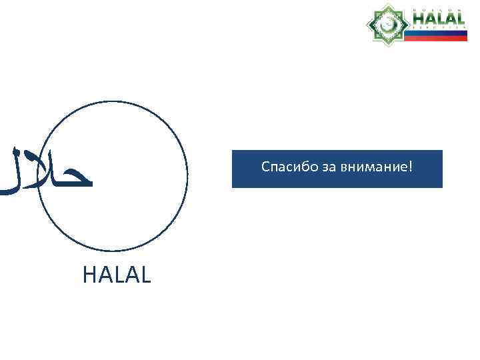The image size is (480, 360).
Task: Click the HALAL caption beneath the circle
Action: [x=117, y=274]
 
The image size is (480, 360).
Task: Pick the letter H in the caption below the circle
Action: [x=89, y=274]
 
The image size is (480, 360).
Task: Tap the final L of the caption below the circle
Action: [x=146, y=274]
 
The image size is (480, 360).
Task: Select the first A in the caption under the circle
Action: [x=103, y=274]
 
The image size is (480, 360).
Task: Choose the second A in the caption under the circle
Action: [x=131, y=274]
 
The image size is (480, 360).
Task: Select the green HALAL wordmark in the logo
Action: [x=438, y=19]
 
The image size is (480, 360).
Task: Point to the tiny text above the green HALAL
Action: [x=438, y=9]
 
